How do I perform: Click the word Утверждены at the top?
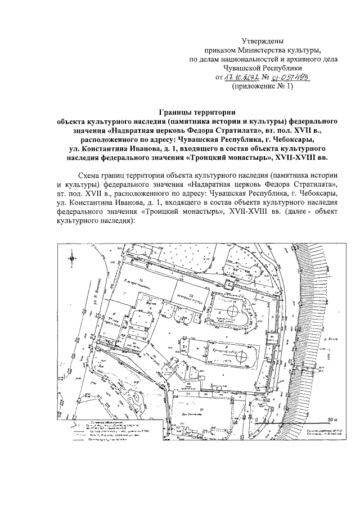pyautogui.click(x=263, y=41)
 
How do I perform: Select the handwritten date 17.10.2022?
pyautogui.click(x=246, y=78)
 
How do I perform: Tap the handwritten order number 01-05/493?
pyautogui.click(x=291, y=78)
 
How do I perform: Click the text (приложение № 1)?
pyautogui.click(x=262, y=87)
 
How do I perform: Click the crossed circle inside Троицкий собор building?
pyautogui.click(x=241, y=356)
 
